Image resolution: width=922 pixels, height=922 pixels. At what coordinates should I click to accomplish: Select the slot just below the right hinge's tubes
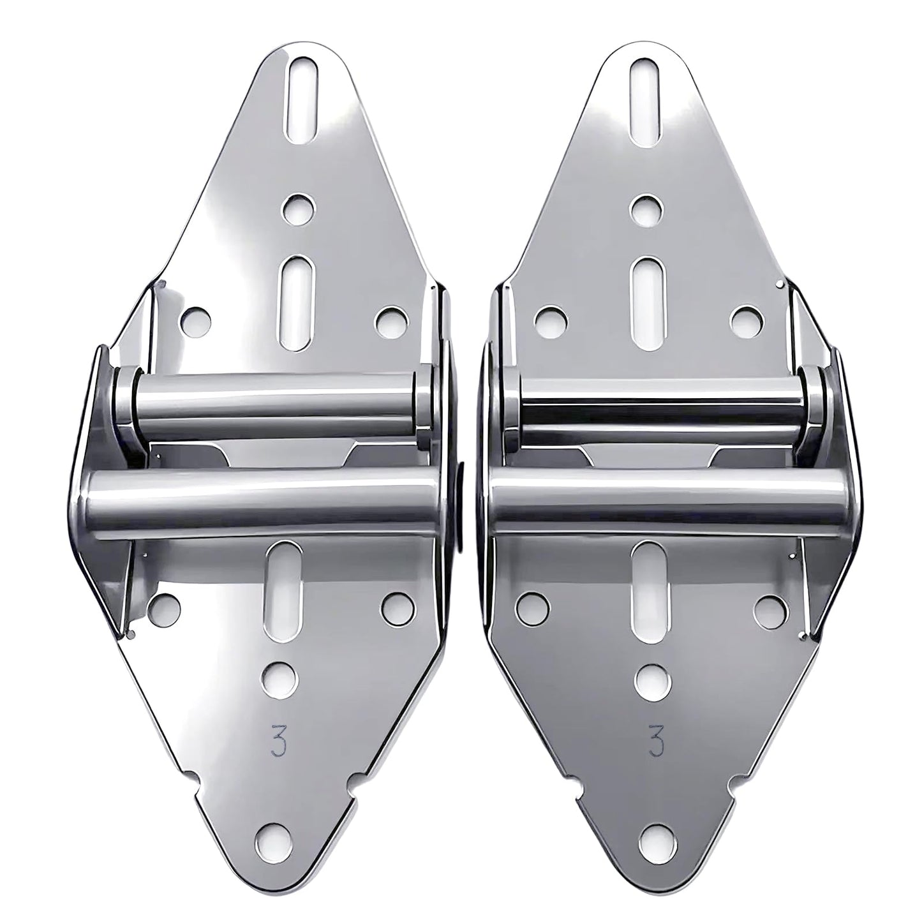[648, 577]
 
